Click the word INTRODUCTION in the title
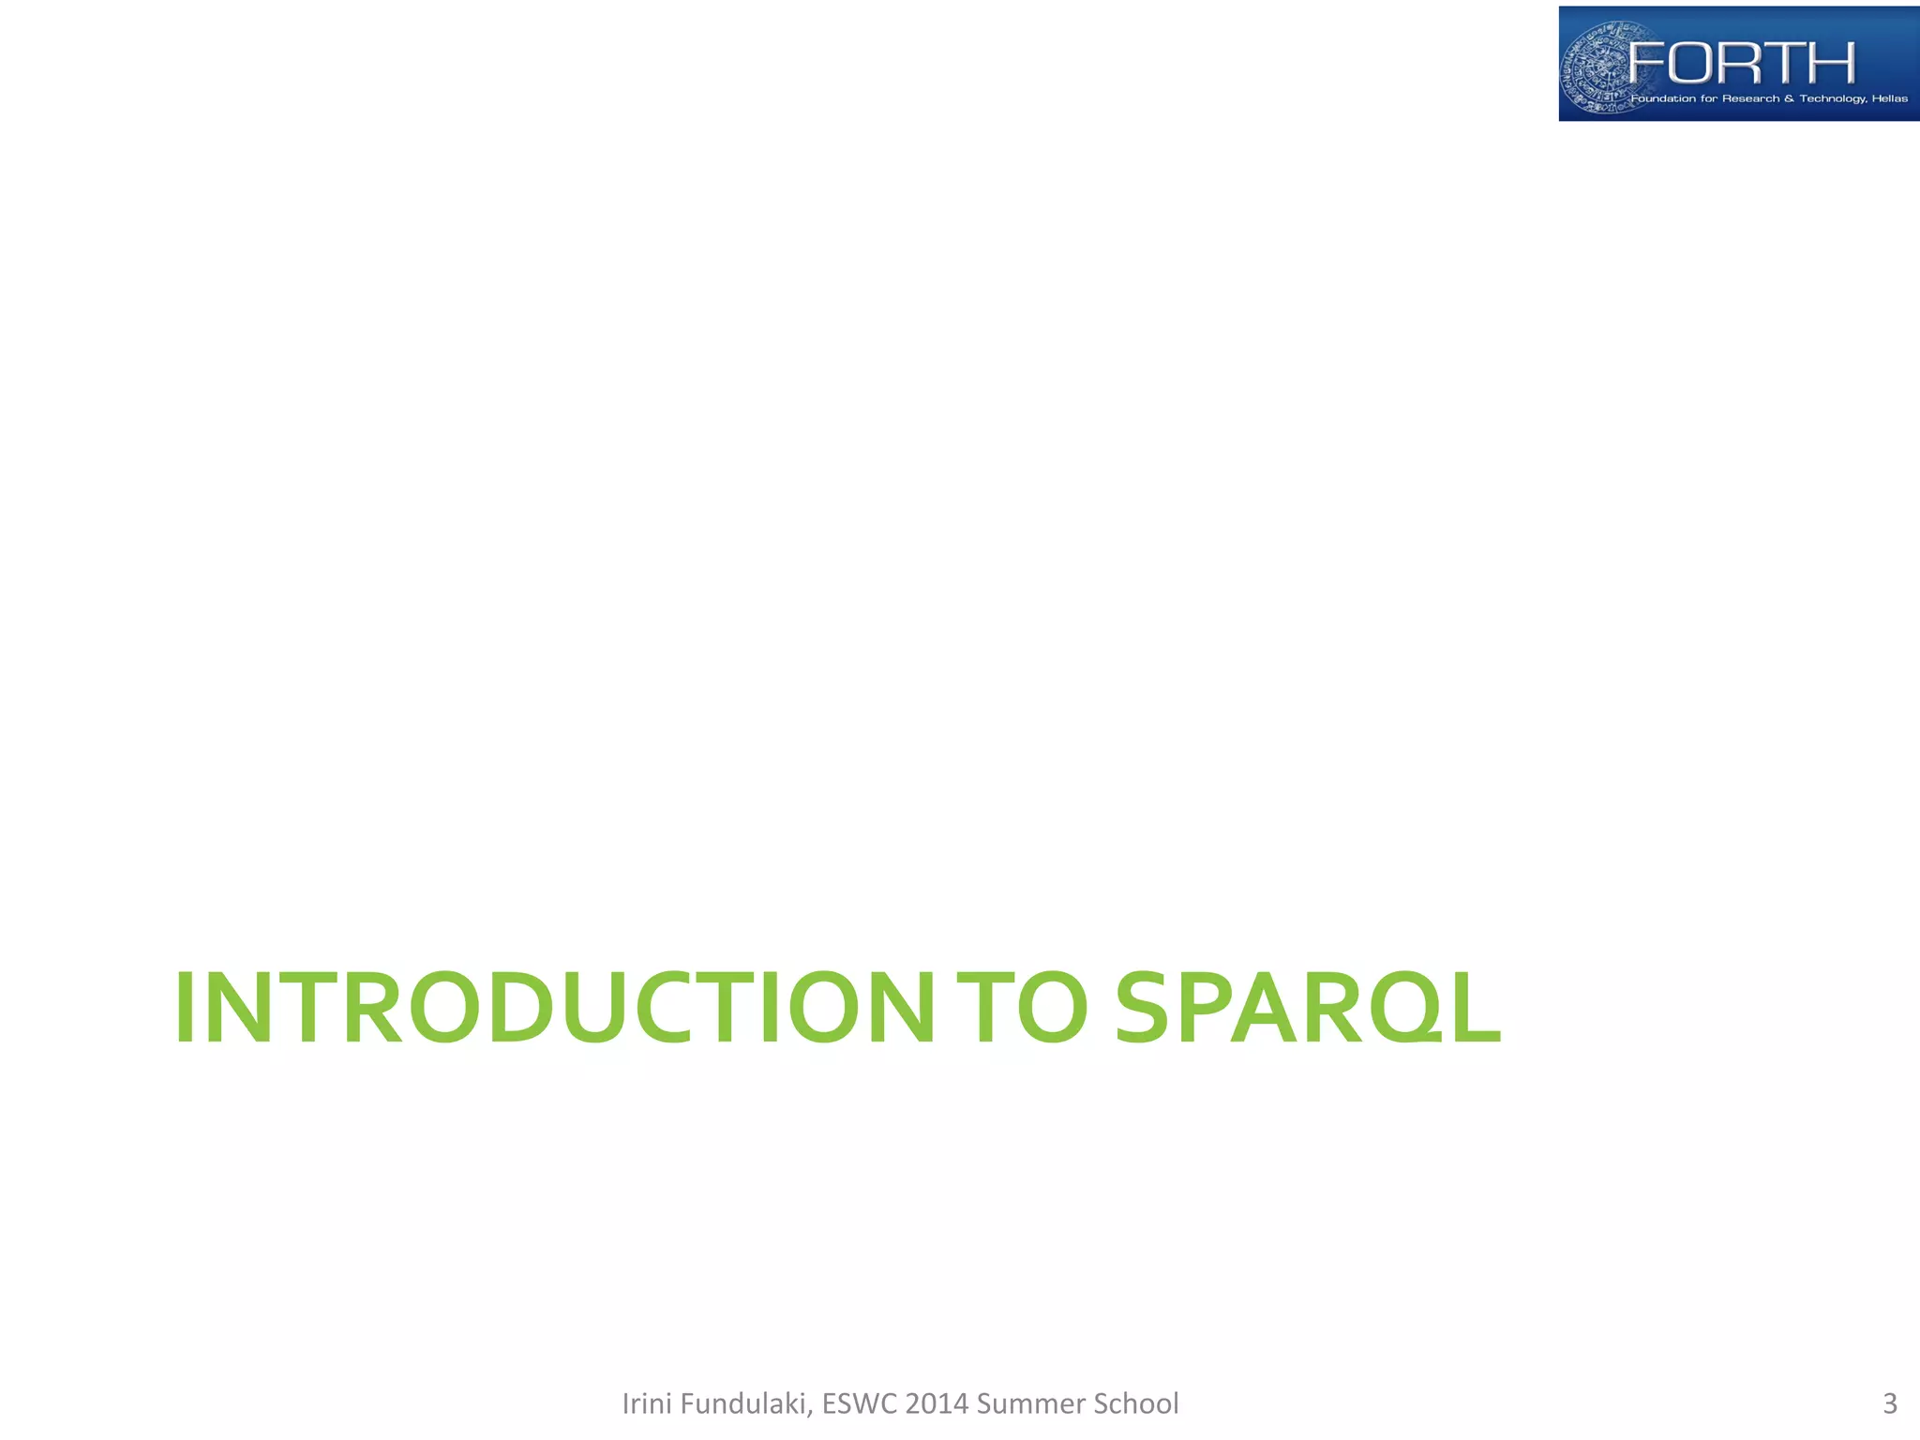[553, 1008]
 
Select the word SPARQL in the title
[1307, 1008]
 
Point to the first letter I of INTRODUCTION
[185, 1008]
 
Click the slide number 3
[1889, 1403]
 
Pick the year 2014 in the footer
[937, 1403]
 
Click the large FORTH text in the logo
[1742, 63]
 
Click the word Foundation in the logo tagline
[1662, 98]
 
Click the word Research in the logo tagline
[1750, 98]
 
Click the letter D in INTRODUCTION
[520, 1008]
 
